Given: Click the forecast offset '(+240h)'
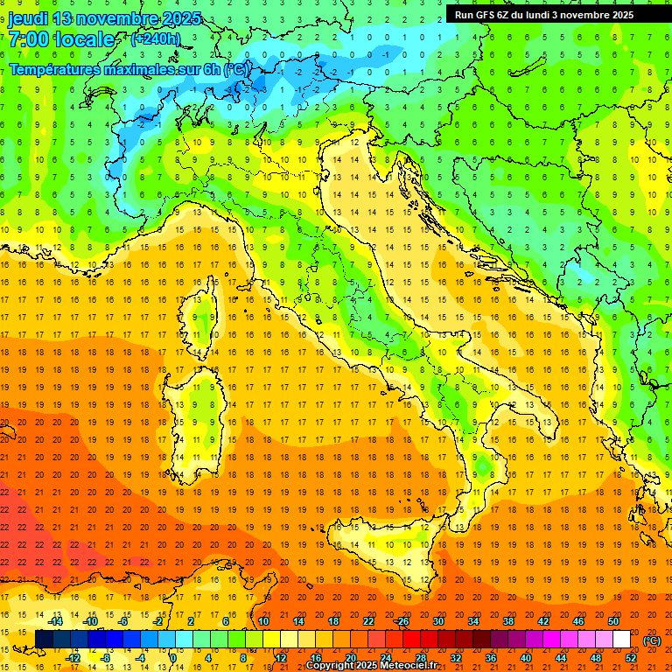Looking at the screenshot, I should pos(156,38).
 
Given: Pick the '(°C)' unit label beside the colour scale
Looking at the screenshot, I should pos(652,640).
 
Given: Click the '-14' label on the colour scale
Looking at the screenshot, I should pos(56,621).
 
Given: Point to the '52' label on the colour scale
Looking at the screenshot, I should pos(631,658).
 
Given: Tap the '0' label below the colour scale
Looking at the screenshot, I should pos(173,658).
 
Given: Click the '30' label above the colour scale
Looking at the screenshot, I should pos(438,621).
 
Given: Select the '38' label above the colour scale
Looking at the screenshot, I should pos(507,621).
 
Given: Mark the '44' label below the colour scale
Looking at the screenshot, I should pos(561,658).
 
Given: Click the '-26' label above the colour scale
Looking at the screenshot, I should pos(402,621).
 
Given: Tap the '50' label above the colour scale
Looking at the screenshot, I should pos(613,621).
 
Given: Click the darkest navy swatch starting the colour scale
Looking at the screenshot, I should pos(44,640).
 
